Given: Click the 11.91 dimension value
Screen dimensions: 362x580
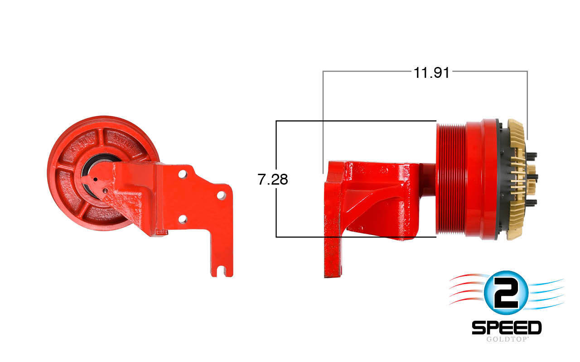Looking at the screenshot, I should pyautogui.click(x=431, y=72).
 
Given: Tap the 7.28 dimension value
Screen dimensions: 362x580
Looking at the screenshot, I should pyautogui.click(x=273, y=180).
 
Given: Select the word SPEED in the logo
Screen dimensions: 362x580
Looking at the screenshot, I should pyautogui.click(x=507, y=328).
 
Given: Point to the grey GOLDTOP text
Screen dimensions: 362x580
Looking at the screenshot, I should pyautogui.click(x=507, y=339).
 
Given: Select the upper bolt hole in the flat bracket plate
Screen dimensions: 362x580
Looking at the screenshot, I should pyautogui.click(x=183, y=174).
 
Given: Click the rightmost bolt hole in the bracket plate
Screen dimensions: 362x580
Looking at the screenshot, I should pyautogui.click(x=221, y=195).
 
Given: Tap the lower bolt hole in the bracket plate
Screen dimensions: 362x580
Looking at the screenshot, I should pyautogui.click(x=183, y=219).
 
